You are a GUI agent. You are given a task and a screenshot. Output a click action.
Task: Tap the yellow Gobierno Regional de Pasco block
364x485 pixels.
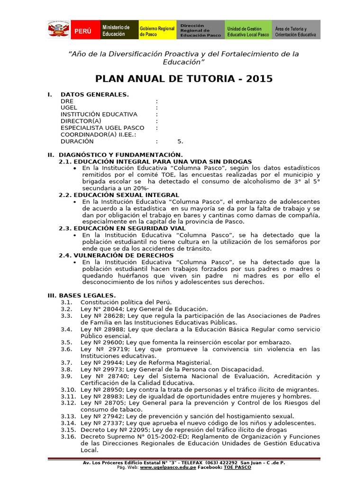pos(156,30)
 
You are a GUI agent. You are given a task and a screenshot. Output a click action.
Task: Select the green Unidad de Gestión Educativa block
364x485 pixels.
pos(247,30)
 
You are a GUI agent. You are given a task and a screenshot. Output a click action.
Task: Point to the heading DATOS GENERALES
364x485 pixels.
pos(94,95)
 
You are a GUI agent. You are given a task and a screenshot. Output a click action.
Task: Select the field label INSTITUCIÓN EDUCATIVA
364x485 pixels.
pos(99,115)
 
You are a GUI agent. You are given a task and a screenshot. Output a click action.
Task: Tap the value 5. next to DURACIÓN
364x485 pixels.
pos(180,141)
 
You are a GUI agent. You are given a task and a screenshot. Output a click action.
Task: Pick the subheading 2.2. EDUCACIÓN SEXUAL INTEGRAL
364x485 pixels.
pos(119,195)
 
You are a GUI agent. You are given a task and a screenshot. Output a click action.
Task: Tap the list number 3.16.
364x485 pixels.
pos(68,436)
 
